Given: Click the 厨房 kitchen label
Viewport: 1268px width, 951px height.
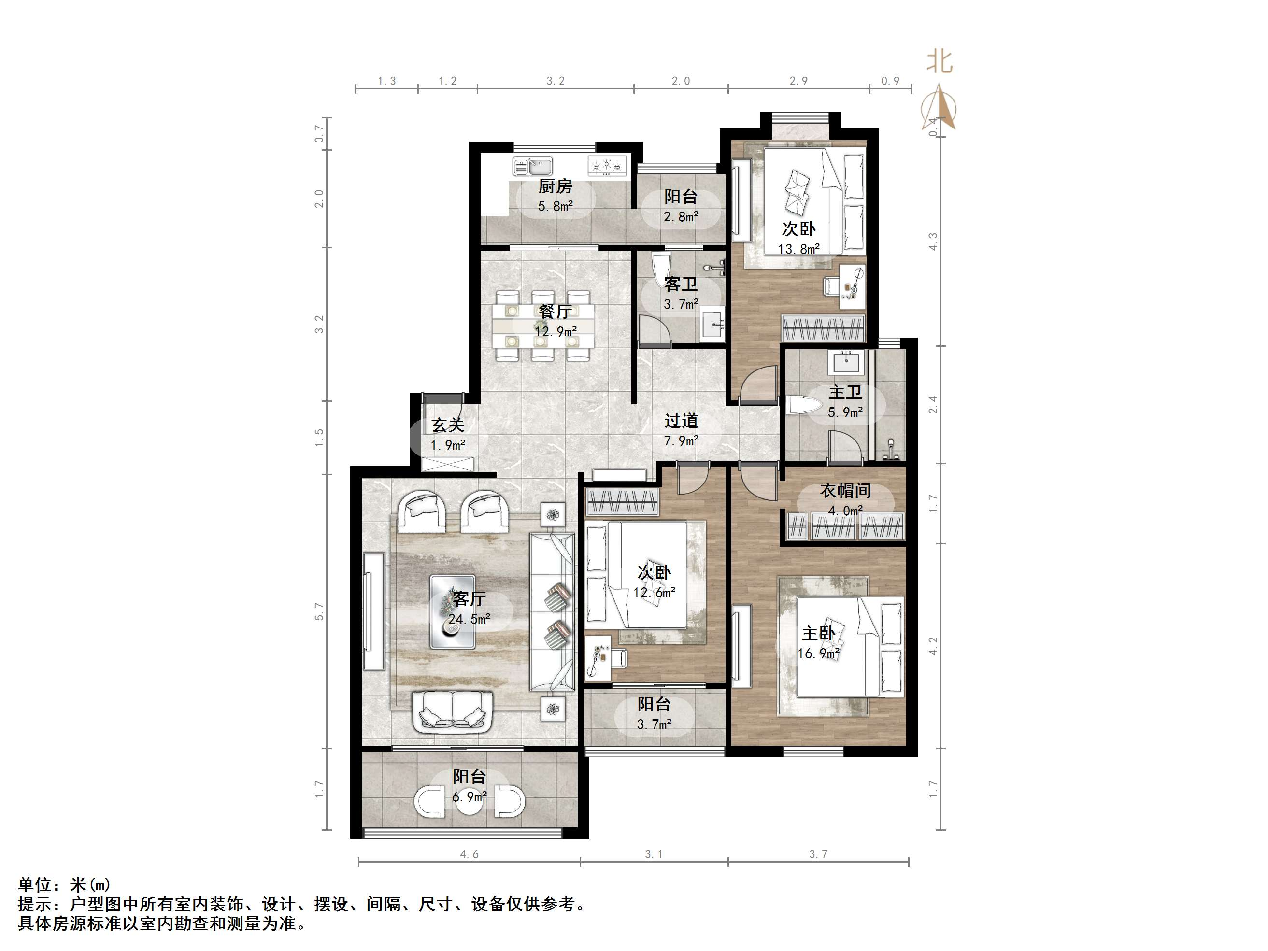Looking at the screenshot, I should click(555, 186).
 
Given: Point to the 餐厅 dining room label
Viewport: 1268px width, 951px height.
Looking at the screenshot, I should click(555, 311).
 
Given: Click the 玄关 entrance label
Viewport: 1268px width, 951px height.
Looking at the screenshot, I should click(448, 426).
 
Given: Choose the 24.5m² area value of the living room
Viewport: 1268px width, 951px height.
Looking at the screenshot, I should click(469, 619).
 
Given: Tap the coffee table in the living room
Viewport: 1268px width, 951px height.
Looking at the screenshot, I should click(453, 611).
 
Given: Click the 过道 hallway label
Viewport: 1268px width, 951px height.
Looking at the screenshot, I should click(681, 421).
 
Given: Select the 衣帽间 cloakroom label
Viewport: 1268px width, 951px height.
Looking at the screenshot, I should click(845, 491).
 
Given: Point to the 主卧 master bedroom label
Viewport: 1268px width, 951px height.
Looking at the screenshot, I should click(818, 633).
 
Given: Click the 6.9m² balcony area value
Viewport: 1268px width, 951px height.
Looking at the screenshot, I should click(469, 797).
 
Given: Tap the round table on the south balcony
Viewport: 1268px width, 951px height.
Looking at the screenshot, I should click(469, 801).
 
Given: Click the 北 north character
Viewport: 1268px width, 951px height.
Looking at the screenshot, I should click(940, 62).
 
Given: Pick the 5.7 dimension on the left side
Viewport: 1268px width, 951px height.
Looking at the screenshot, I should click(319, 611).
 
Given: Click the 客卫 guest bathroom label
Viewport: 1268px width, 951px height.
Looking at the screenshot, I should click(681, 284).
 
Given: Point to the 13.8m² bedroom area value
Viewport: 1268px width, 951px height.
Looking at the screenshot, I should click(798, 249).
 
